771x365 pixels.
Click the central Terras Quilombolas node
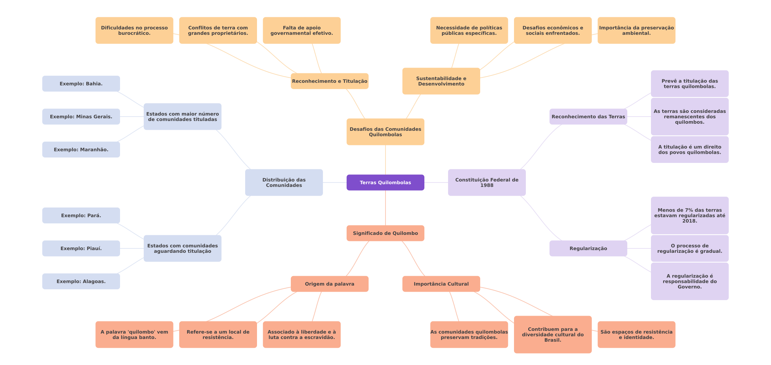tap(385, 182)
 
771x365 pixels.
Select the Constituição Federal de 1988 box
tap(487, 182)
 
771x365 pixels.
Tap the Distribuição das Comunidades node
tap(284, 182)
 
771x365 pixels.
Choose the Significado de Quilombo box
tap(385, 233)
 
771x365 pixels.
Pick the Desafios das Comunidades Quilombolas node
tap(385, 132)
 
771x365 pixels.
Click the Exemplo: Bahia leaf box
tap(81, 83)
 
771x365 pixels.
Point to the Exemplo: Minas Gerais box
tap(81, 117)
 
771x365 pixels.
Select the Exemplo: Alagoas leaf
tap(81, 281)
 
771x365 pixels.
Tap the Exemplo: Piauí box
tap(81, 248)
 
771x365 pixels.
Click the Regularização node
tap(588, 248)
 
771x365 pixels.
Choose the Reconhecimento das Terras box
tap(588, 117)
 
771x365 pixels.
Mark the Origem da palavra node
tap(329, 284)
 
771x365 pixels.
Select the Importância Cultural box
tap(441, 284)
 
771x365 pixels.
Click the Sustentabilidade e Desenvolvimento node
tap(441, 81)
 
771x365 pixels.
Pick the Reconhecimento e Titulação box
tap(329, 81)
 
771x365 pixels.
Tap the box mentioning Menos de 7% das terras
tap(690, 215)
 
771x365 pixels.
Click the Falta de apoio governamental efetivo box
tap(302, 30)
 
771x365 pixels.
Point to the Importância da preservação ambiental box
tap(636, 30)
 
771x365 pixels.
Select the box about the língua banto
tap(134, 335)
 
